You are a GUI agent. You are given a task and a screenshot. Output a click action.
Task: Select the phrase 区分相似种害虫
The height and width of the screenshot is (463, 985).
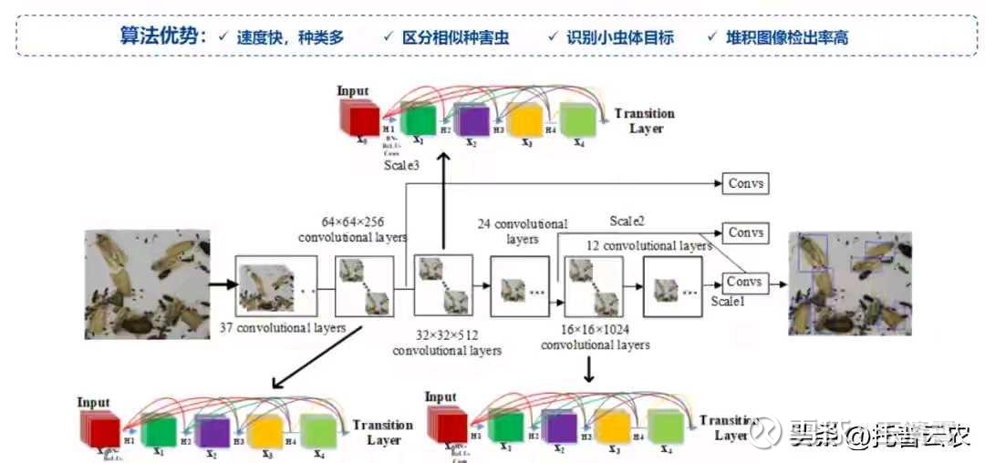[457, 37]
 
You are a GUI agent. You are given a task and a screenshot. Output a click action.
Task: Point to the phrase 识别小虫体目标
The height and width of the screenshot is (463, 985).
[619, 37]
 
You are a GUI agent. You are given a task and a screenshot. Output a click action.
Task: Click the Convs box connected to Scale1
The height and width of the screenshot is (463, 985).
[744, 282]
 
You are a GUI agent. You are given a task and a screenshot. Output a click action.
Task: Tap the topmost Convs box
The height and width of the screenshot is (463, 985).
[744, 183]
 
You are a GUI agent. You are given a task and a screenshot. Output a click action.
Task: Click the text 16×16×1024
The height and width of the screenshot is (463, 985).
[596, 330]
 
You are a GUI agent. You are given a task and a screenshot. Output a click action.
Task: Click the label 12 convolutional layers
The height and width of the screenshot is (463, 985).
[648, 246]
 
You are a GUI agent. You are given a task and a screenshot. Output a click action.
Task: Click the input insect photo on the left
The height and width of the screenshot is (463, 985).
[147, 283]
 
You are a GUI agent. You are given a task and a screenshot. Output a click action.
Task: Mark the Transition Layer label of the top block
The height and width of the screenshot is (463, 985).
[645, 120]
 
